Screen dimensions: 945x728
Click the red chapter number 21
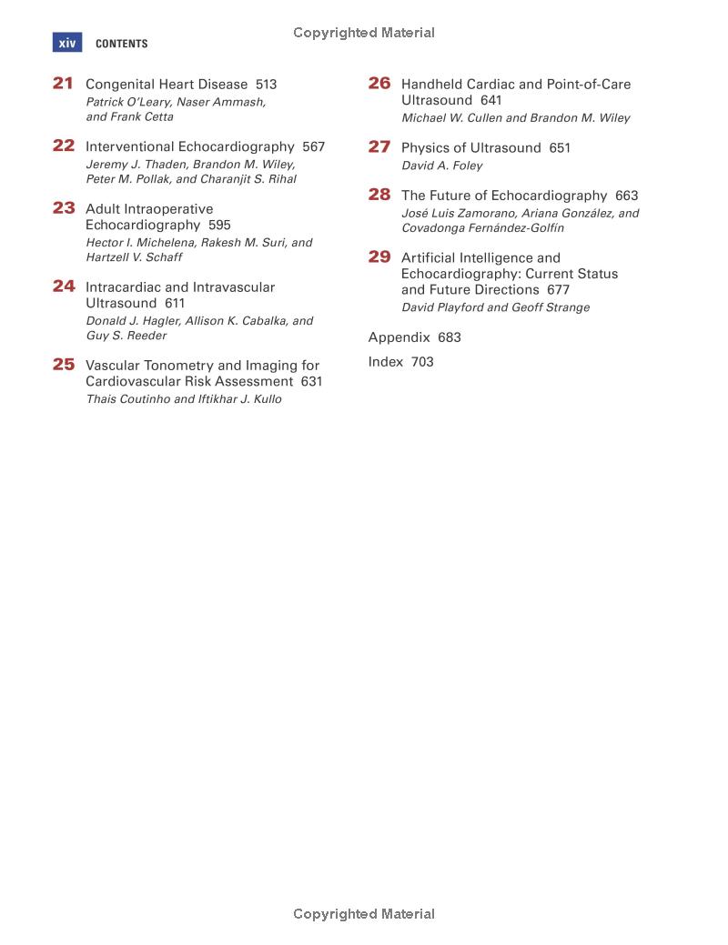[63, 84]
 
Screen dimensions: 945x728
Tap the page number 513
[266, 85]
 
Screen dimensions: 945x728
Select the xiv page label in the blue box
[67, 43]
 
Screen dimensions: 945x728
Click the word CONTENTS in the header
[121, 44]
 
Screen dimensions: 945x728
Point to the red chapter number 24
[64, 287]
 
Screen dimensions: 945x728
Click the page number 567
[313, 146]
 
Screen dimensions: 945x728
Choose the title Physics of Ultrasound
[470, 147]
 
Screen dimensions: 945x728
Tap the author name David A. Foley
[442, 166]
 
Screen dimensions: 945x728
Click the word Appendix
[399, 337]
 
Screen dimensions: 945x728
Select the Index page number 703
[422, 362]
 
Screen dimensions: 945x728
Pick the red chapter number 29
[379, 257]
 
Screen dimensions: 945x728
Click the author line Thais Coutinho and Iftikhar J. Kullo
[184, 399]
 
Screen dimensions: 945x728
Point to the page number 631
[312, 382]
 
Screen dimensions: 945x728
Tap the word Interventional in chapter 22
[130, 146]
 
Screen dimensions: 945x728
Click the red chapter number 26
[379, 84]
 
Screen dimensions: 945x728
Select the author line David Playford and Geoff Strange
[495, 307]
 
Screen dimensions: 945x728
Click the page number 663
[626, 196]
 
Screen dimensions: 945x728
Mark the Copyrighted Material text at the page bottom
[364, 914]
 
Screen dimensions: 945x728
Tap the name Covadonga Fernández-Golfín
[482, 228]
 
